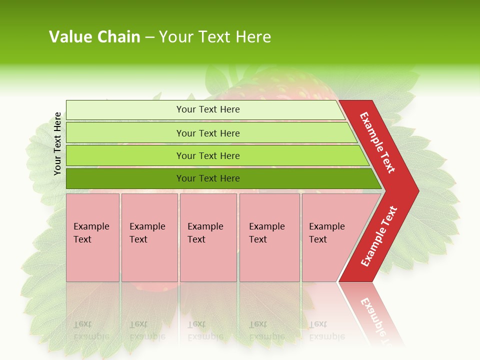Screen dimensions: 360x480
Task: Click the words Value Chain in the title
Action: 94,37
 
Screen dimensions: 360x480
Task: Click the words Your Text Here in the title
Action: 215,37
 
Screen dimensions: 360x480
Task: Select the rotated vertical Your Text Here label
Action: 57,144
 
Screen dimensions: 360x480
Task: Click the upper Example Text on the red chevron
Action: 377,142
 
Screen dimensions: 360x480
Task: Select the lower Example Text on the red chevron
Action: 378,236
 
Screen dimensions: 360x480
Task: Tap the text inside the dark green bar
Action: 208,178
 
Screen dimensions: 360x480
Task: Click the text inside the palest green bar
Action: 208,109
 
